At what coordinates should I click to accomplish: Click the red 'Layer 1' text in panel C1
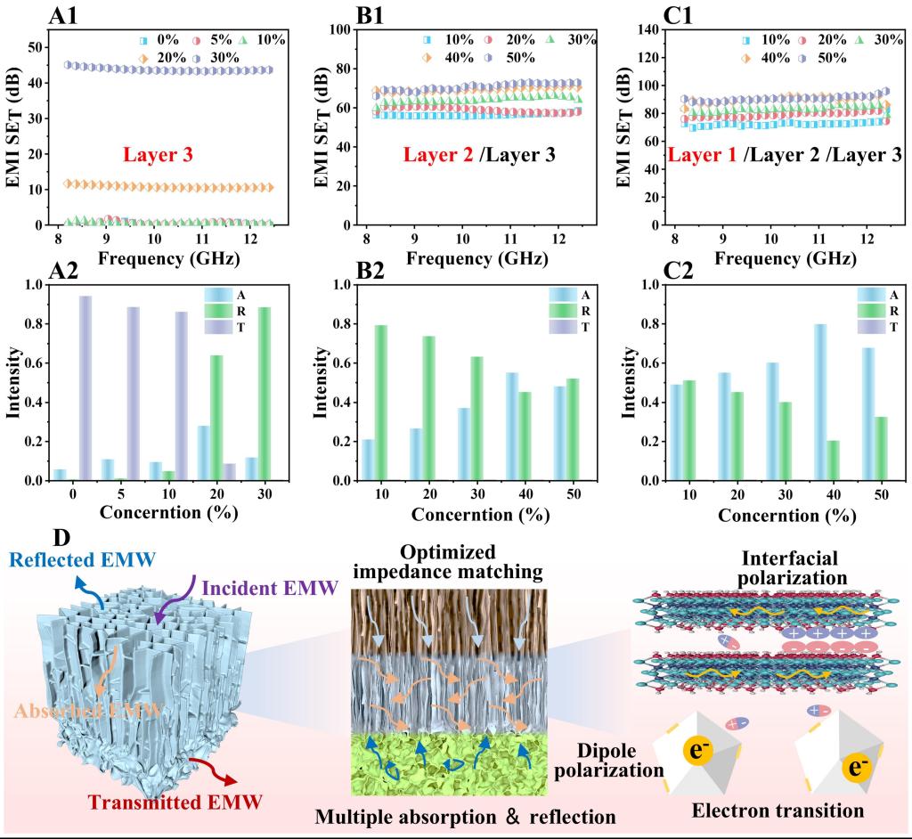coord(704,155)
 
